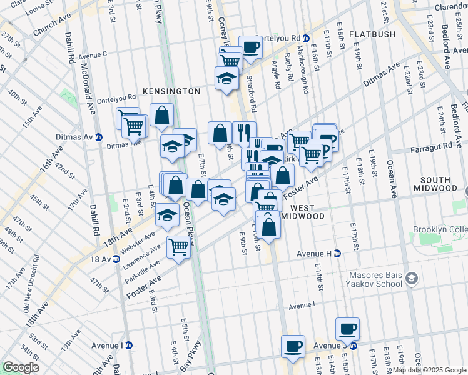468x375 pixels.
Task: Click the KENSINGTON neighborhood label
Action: [x=171, y=91]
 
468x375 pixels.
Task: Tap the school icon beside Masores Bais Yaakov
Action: [x=411, y=277]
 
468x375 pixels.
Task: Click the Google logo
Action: [x=21, y=367]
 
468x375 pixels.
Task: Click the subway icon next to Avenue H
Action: [x=337, y=253]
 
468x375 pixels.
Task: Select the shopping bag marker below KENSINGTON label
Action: [x=161, y=114]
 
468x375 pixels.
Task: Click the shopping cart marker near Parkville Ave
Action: [x=179, y=246]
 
